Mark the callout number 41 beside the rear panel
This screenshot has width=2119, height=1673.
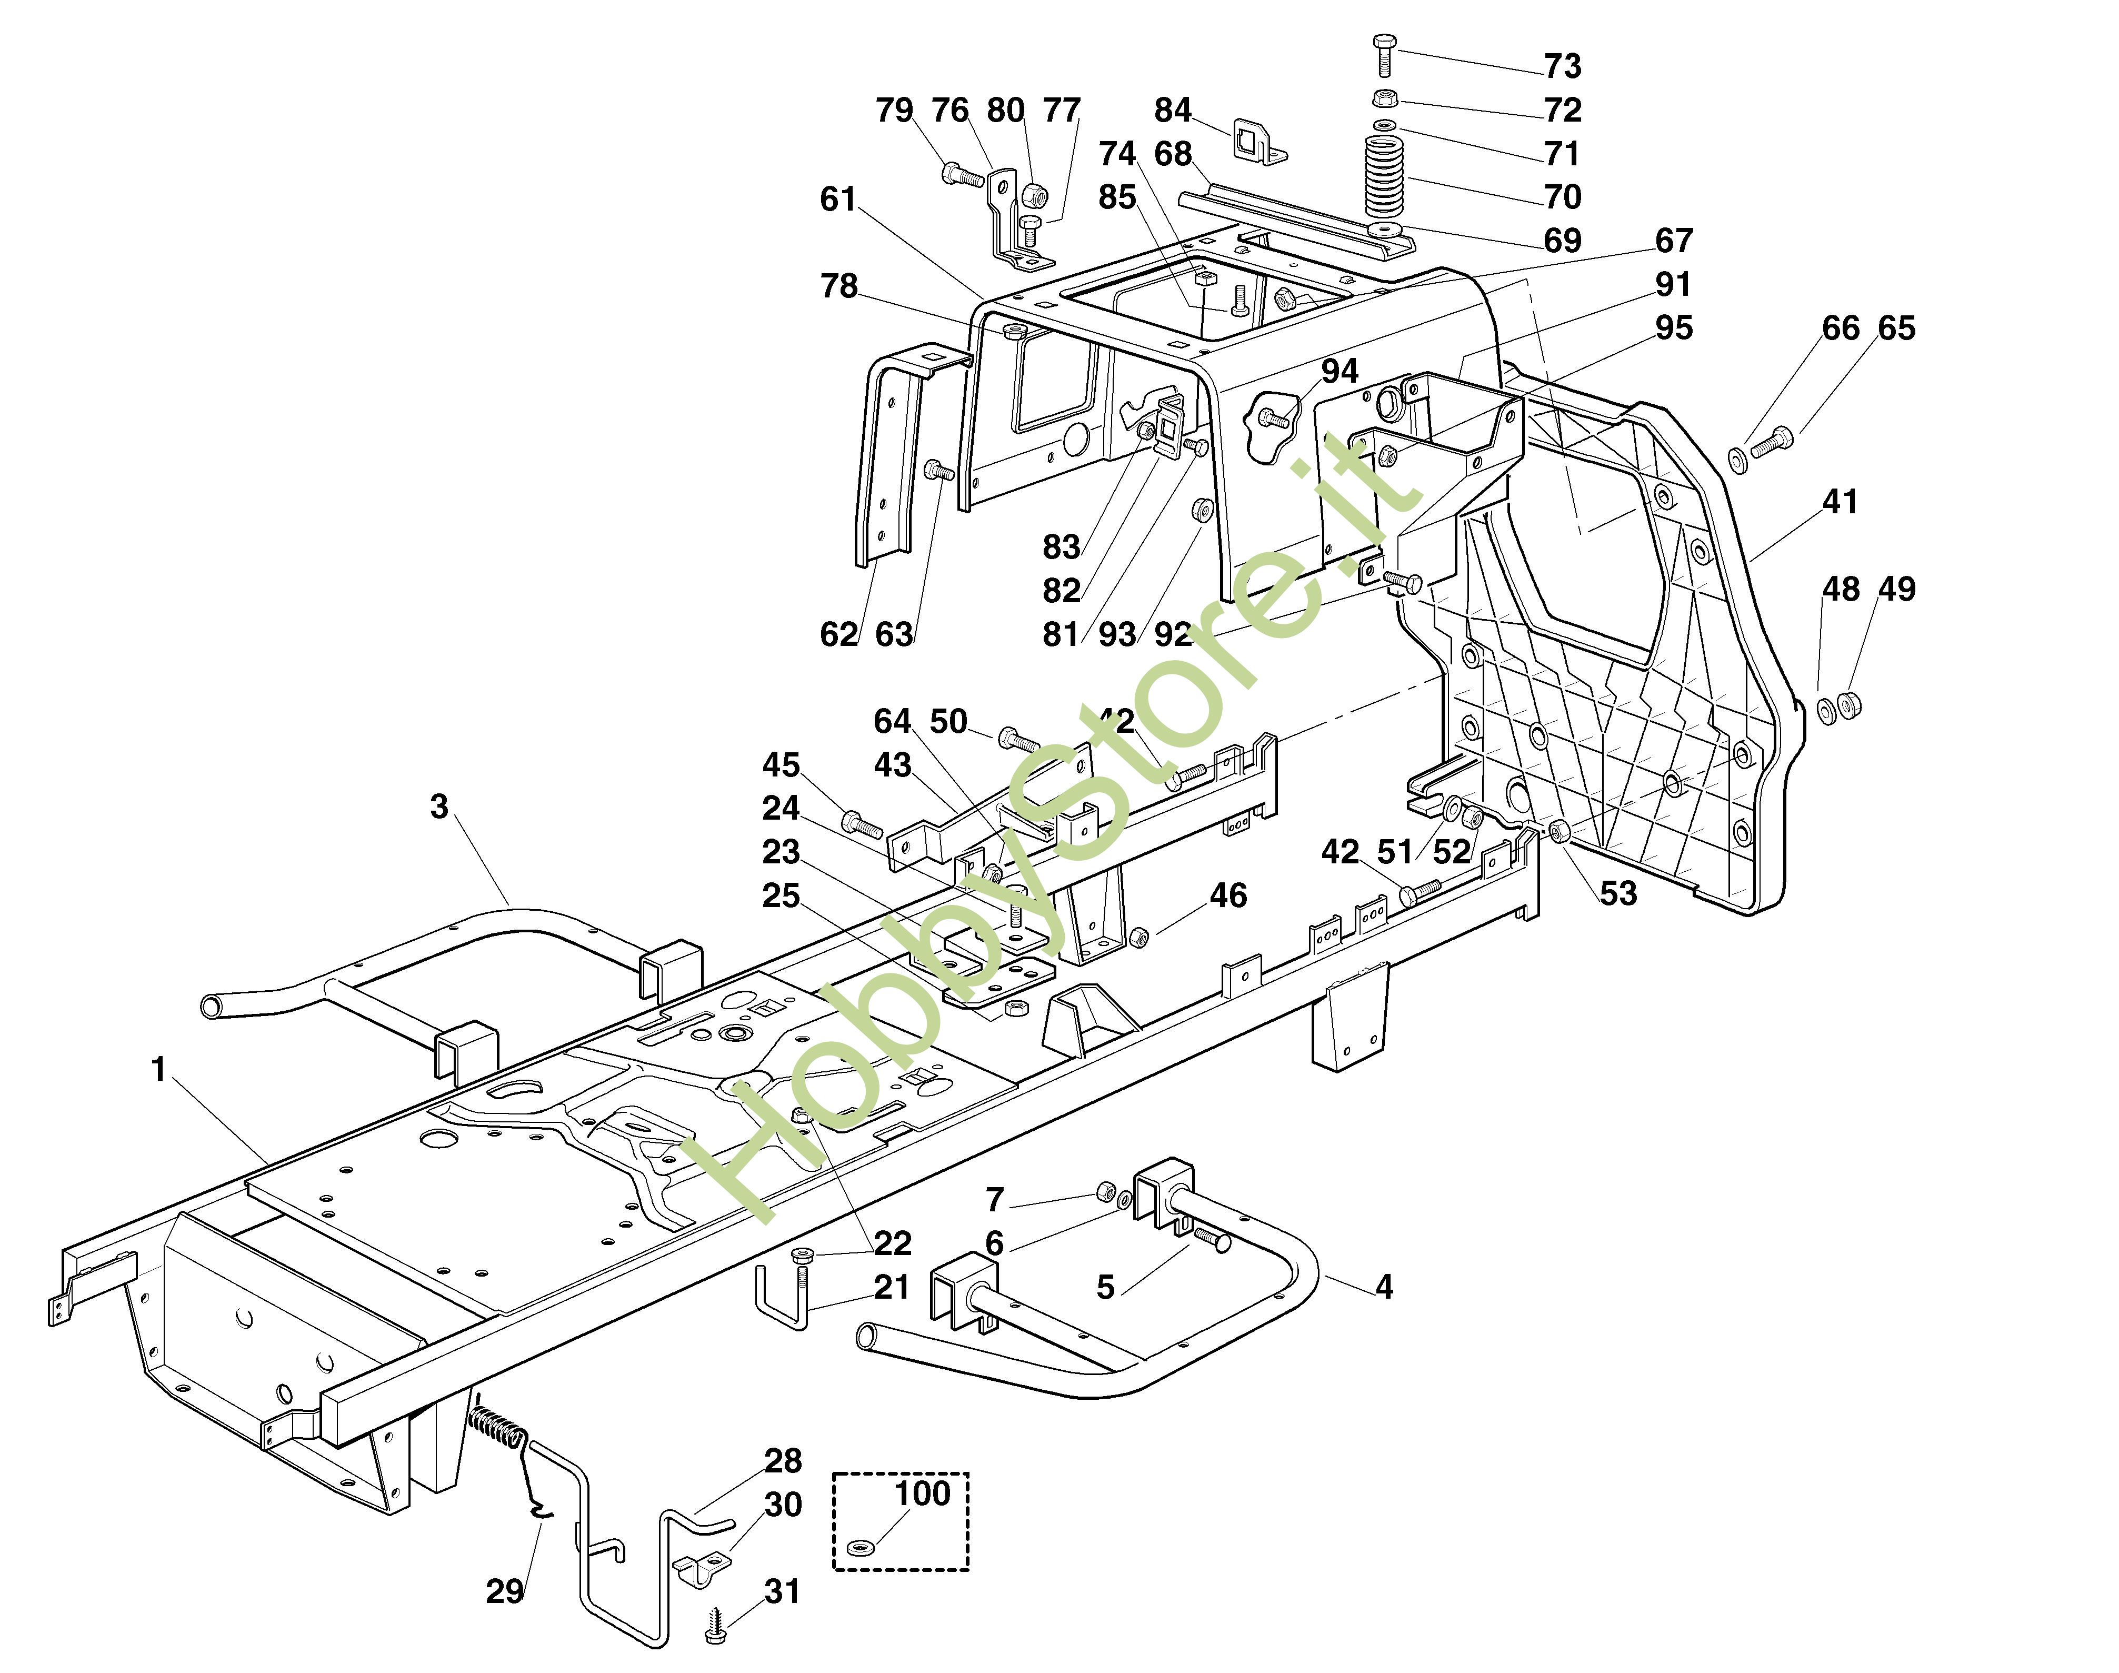(x=1840, y=502)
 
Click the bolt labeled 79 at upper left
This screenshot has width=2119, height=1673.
(x=962, y=176)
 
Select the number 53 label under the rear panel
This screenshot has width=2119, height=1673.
(x=1617, y=893)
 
